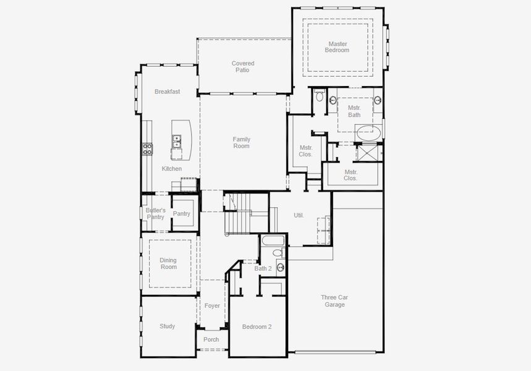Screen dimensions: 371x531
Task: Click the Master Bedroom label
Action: click(337, 47)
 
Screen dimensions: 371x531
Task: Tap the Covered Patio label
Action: click(243, 67)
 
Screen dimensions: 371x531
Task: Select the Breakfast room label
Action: click(167, 92)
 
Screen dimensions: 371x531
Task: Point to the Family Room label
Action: click(241, 143)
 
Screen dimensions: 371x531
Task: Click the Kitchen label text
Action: click(172, 169)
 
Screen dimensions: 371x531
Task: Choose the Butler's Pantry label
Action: click(155, 213)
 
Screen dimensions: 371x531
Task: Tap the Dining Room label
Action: click(168, 263)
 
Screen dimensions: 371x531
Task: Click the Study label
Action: click(167, 326)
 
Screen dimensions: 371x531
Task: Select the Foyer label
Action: click(212, 305)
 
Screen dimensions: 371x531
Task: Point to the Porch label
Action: click(211, 339)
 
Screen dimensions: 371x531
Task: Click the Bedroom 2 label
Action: click(257, 326)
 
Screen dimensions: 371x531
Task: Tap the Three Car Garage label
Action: click(334, 301)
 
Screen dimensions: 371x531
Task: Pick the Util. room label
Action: click(299, 215)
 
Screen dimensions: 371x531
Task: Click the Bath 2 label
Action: click(263, 268)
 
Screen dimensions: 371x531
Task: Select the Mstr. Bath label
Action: click(354, 111)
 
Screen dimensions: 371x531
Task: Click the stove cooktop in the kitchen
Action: click(148, 148)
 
